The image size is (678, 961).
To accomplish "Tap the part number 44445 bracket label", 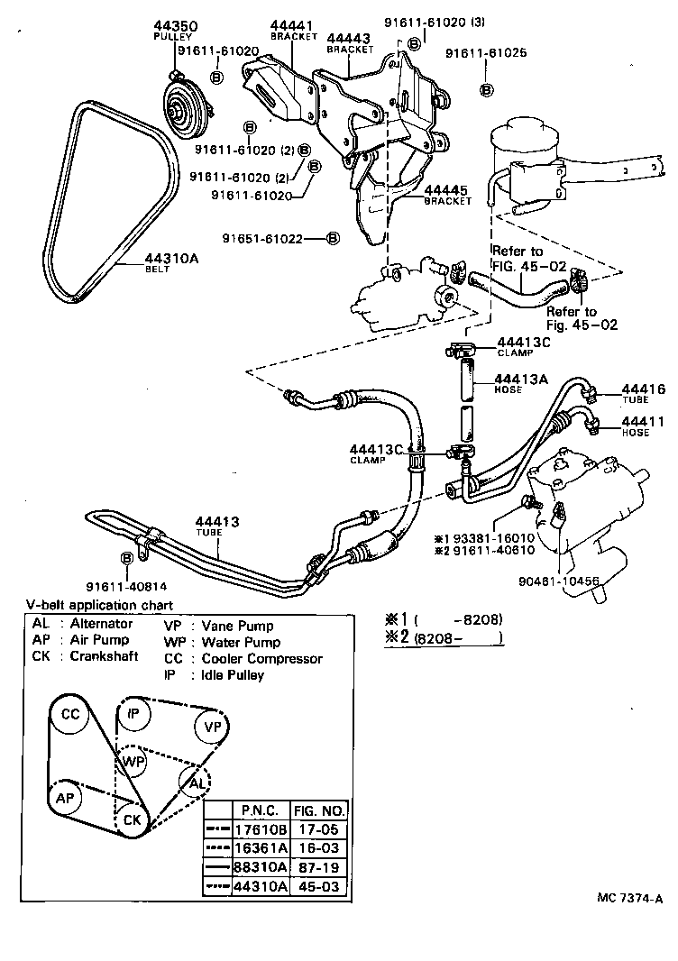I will click(x=447, y=191).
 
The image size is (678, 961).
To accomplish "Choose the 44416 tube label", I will click(x=643, y=389).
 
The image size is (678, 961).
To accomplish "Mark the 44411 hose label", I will click(x=643, y=421).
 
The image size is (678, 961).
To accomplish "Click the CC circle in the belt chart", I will click(x=69, y=715).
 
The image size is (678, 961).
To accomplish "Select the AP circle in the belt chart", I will click(x=65, y=799).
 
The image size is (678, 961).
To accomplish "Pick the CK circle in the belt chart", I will click(x=133, y=819).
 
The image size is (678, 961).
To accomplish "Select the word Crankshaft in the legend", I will click(x=105, y=656).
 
